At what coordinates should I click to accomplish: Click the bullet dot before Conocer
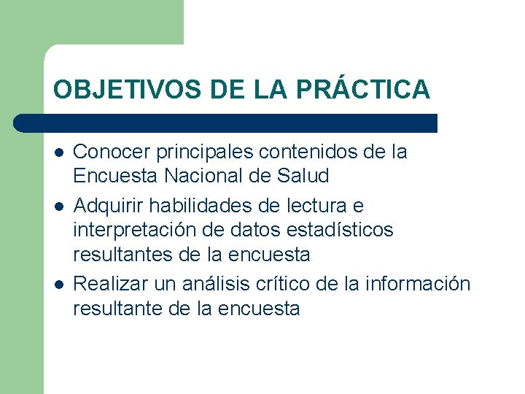click(x=58, y=153)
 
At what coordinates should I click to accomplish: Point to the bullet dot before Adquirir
click(x=58, y=206)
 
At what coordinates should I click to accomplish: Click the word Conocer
click(x=107, y=152)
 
